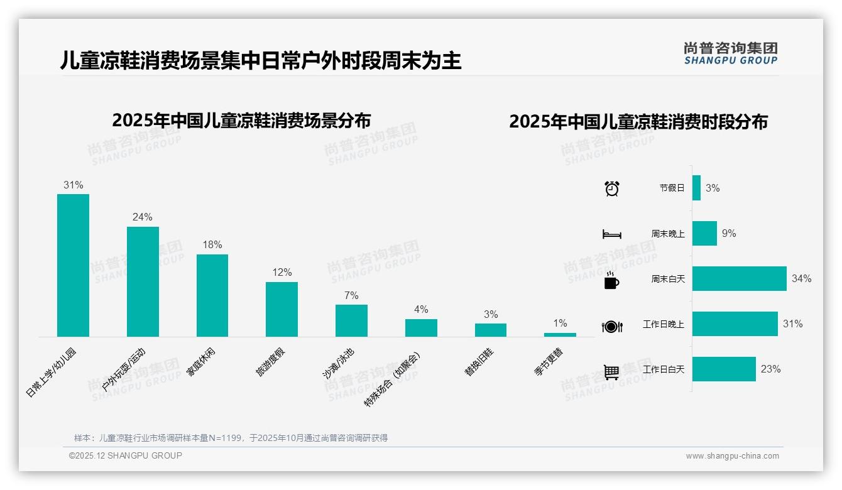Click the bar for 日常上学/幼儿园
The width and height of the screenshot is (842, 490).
click(x=73, y=265)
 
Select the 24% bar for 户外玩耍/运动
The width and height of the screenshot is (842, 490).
click(x=143, y=281)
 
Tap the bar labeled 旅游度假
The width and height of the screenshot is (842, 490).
click(x=282, y=309)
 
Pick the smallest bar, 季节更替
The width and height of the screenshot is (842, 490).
click(x=560, y=335)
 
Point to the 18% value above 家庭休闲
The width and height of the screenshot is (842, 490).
click(x=212, y=245)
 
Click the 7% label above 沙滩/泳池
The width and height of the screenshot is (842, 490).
click(x=351, y=295)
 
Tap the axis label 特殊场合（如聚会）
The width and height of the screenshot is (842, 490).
click(x=393, y=379)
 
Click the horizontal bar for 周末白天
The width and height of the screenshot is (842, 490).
click(x=739, y=278)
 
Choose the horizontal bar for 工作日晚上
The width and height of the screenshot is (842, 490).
click(x=735, y=324)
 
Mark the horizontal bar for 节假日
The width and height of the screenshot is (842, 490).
click(x=696, y=188)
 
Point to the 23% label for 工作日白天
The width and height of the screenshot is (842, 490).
click(x=770, y=369)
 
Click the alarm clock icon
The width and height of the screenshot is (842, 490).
click(x=611, y=188)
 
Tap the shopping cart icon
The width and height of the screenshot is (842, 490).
click(x=611, y=372)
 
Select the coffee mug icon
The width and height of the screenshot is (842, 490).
click(x=611, y=280)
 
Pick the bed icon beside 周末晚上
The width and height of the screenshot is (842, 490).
click(x=611, y=234)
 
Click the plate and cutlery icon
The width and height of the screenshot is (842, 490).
click(x=611, y=326)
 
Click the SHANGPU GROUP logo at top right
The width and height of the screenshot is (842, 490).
click(x=730, y=53)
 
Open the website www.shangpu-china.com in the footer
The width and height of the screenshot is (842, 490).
click(x=732, y=456)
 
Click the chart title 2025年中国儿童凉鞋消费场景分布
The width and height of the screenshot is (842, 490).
click(x=241, y=120)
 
